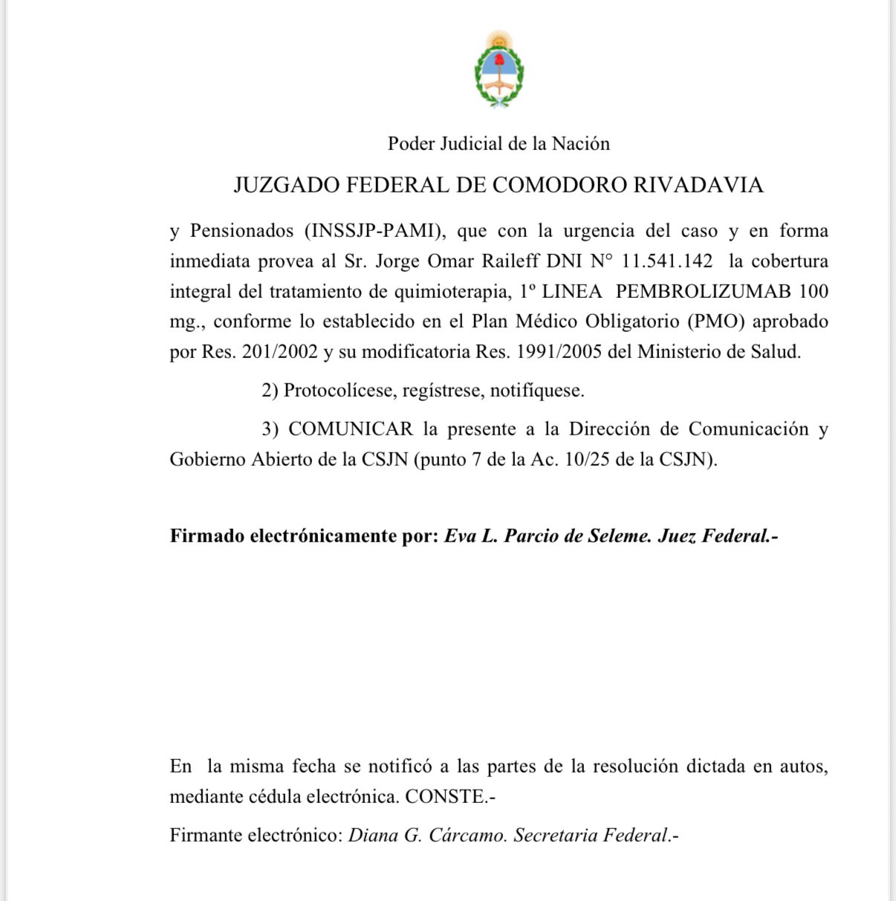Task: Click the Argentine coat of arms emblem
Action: coord(499,69)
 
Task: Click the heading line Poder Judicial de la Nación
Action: coord(499,143)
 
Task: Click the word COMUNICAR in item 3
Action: coord(351,429)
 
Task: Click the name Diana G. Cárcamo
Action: coord(427,836)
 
